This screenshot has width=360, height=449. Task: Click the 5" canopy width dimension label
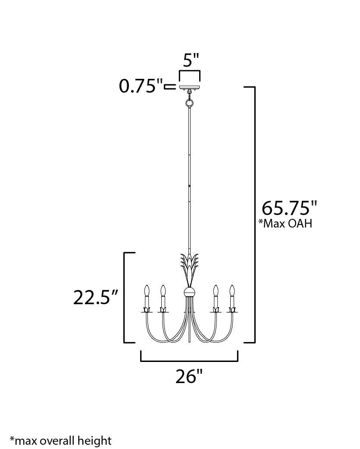click(190, 60)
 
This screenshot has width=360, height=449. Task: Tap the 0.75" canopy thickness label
click(141, 86)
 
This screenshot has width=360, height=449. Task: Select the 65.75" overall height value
click(289, 209)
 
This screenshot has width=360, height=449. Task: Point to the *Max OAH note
click(285, 224)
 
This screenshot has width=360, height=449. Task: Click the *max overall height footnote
click(61, 440)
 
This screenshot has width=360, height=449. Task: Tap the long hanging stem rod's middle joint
click(189, 185)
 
